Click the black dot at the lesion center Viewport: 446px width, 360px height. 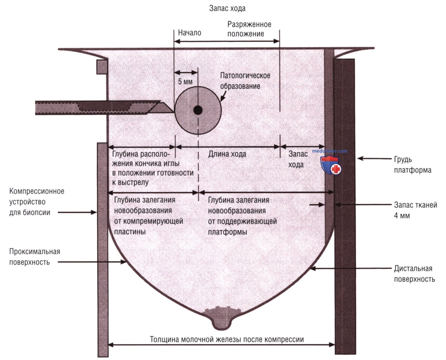click(198, 110)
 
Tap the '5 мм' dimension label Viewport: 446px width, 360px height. click(185, 81)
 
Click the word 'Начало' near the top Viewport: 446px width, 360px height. click(190, 33)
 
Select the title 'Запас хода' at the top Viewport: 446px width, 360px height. click(227, 8)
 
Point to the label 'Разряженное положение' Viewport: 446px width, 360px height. click(249, 29)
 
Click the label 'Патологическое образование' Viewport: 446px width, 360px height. click(245, 81)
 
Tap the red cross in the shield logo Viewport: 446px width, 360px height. click(336, 169)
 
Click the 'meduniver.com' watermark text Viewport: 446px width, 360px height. click(330, 151)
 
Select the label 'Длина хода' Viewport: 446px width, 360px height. click(227, 154)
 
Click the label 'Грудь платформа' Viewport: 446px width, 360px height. click(413, 165)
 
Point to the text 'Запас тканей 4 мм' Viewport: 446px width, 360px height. click(415, 210)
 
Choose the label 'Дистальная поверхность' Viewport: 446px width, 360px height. click(414, 274)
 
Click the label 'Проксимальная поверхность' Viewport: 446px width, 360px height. click(34, 257)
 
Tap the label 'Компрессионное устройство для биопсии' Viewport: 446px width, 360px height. click(37, 202)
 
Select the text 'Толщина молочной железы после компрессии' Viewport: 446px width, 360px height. click(227, 339)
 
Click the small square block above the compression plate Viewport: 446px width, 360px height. click(102, 67)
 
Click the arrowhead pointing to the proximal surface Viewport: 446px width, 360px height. click(124, 262)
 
